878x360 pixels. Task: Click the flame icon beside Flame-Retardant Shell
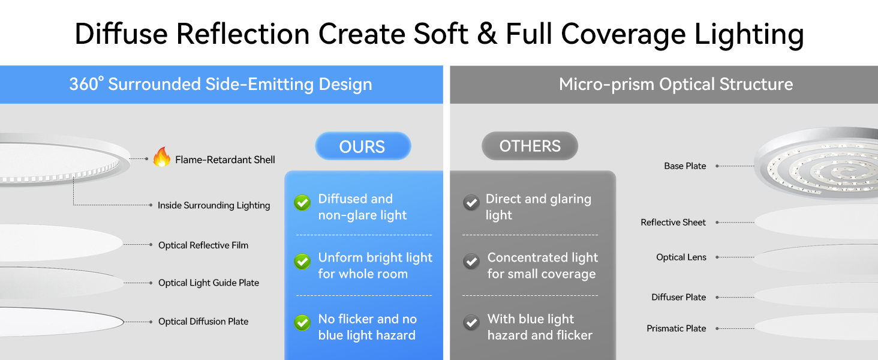(x=161, y=157)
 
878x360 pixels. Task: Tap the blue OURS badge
(x=363, y=146)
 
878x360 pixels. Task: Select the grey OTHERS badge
(x=530, y=146)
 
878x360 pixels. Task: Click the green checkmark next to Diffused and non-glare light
(x=302, y=203)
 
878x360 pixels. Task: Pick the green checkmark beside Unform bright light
(x=302, y=262)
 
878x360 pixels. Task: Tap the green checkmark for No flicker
(x=302, y=323)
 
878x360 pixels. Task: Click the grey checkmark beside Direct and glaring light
(x=471, y=203)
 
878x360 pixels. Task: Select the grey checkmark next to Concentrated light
(x=471, y=262)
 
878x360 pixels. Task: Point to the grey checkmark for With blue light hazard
(x=471, y=323)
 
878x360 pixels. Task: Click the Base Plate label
(x=685, y=166)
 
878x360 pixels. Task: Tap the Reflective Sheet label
(x=673, y=223)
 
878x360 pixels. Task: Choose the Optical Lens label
(x=681, y=257)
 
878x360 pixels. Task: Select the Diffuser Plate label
(x=678, y=298)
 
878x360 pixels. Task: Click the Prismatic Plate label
(x=676, y=329)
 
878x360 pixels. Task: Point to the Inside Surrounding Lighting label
(x=214, y=205)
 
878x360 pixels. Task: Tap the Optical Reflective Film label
(x=203, y=245)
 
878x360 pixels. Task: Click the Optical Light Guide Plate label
(x=208, y=283)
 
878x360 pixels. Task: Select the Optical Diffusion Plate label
(x=203, y=322)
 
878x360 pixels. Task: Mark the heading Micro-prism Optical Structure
(x=675, y=85)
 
